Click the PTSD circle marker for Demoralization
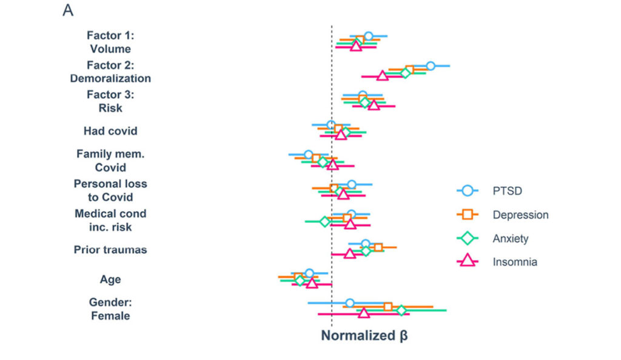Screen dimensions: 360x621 (430, 65)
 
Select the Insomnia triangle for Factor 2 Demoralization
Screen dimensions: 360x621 (382, 76)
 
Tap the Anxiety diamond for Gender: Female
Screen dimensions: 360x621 (401, 310)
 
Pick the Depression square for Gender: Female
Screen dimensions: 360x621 (388, 307)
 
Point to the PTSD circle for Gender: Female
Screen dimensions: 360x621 (349, 302)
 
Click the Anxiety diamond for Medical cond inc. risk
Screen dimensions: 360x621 (324, 221)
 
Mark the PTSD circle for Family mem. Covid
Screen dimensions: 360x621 (309, 154)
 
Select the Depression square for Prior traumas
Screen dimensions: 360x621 (378, 247)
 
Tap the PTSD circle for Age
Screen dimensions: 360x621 (309, 273)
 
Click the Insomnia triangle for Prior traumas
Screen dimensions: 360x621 (349, 254)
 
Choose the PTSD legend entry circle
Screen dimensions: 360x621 (467, 191)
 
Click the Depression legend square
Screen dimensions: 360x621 (467, 215)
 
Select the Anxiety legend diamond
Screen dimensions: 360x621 (467, 238)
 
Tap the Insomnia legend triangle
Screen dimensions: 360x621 (467, 262)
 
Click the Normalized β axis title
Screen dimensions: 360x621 (364, 336)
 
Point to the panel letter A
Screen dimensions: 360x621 (68, 11)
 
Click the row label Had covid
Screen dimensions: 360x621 (110, 131)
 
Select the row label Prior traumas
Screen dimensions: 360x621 (110, 250)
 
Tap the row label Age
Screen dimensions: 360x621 (110, 279)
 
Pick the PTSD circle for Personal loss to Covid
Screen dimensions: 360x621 (351, 184)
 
